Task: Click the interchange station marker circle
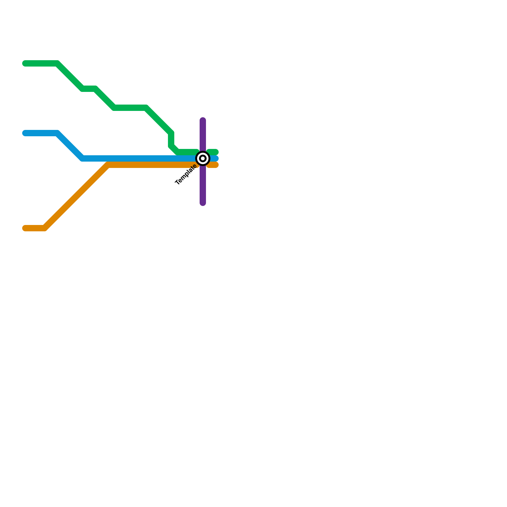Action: pyautogui.click(x=203, y=158)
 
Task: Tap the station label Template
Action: pyautogui.click(x=186, y=175)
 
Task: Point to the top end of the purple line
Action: pyautogui.click(x=203, y=120)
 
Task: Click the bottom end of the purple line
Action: pyautogui.click(x=203, y=203)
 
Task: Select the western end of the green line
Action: pyautogui.click(x=25, y=63)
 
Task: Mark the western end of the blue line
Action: pyautogui.click(x=25, y=133)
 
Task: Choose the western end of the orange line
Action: pyautogui.click(x=25, y=228)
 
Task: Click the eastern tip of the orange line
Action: pyautogui.click(x=216, y=165)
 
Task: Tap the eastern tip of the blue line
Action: pyautogui.click(x=216, y=158)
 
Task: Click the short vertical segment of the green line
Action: pyautogui.click(x=171, y=139)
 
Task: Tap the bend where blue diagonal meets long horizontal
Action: pyautogui.click(x=82, y=158)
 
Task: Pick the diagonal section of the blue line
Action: pyautogui.click(x=70, y=146)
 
